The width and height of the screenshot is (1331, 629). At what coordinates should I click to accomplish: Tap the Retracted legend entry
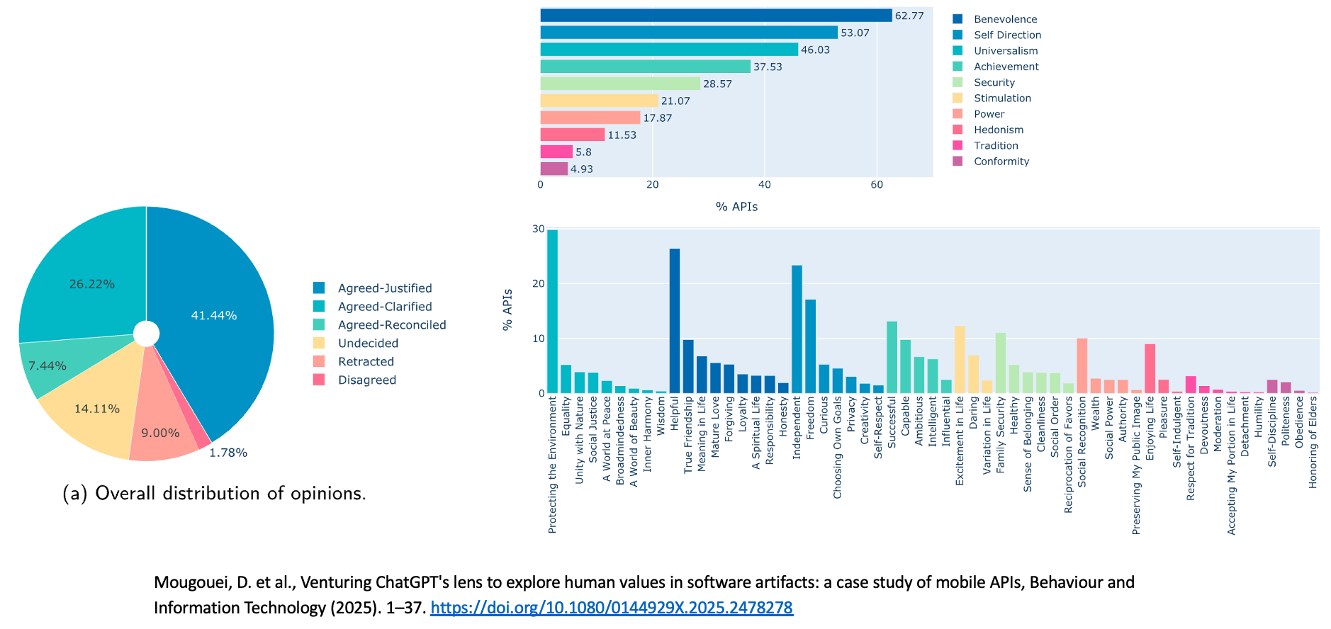click(366, 361)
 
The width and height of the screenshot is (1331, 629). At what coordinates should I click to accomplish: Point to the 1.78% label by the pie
click(228, 453)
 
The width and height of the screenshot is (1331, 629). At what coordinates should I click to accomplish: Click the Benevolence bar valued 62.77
click(716, 16)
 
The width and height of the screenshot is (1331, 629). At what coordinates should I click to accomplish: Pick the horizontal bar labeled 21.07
click(600, 101)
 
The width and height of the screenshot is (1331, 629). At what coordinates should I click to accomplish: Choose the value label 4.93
click(582, 169)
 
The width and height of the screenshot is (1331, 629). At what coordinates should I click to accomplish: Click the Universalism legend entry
click(1005, 51)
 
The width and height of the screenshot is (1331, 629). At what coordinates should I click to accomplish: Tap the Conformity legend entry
click(1001, 161)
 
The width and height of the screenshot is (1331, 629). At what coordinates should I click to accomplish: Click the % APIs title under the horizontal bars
click(736, 207)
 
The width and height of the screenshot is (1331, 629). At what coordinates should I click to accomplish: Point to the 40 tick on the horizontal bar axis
click(765, 185)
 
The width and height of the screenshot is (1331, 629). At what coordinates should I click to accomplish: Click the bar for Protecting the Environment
click(552, 312)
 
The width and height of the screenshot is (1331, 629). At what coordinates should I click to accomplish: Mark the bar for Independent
click(797, 329)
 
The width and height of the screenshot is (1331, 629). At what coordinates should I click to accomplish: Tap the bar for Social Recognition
click(1082, 365)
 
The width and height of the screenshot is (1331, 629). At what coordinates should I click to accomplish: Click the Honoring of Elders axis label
click(1313, 442)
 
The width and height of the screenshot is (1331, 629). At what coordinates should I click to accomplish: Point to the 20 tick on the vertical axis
click(539, 284)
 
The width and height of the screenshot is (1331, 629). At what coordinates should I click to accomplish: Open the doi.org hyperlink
click(612, 608)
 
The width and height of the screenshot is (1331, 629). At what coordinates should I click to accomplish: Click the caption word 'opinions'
click(327, 494)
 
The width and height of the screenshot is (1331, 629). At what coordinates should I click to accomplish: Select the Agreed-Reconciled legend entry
click(391, 325)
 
